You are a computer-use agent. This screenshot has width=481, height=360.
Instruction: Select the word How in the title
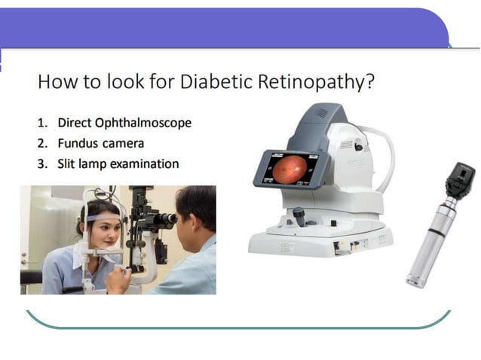click(56, 81)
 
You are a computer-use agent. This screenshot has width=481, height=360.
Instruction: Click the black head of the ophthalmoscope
click(458, 182)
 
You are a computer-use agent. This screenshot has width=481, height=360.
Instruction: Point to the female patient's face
click(108, 230)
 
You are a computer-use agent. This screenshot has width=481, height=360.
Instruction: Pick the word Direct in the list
click(75, 123)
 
